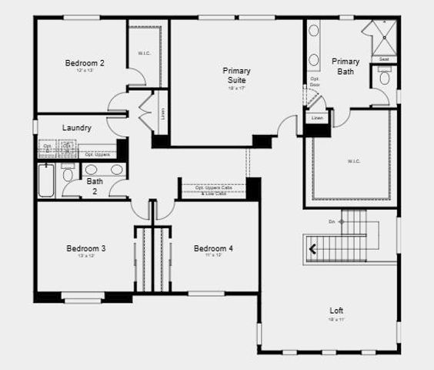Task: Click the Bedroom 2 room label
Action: (85, 62)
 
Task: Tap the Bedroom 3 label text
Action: (85, 248)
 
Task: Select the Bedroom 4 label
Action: (213, 248)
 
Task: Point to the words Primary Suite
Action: (237, 75)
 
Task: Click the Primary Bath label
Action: (346, 66)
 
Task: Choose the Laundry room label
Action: (78, 128)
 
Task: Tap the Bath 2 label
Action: (94, 186)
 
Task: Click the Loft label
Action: (336, 310)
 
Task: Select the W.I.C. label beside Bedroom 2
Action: (144, 53)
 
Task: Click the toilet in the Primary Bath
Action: (385, 78)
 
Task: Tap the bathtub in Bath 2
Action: (46, 180)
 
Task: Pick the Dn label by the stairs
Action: (332, 221)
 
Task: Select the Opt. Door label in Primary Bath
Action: (315, 81)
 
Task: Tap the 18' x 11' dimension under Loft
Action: (336, 318)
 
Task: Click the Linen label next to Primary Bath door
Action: (317, 118)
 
